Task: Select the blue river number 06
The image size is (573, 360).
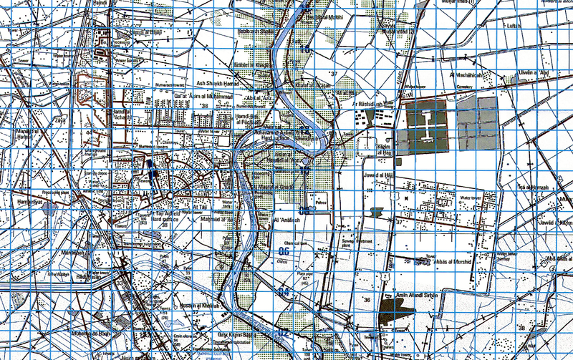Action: coord(284,250)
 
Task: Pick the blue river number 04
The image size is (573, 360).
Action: coord(283,292)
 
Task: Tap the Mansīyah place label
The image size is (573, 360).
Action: coord(72,253)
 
